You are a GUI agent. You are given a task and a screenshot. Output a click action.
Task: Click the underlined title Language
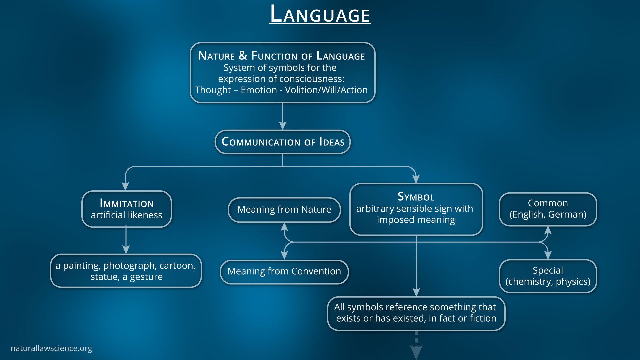tap(320, 15)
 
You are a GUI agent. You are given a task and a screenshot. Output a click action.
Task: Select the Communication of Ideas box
tap(283, 142)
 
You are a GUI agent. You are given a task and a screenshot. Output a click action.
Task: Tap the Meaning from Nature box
tap(284, 210)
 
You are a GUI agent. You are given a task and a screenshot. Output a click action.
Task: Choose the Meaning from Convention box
tap(284, 271)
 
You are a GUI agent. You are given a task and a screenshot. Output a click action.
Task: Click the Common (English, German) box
tap(548, 209)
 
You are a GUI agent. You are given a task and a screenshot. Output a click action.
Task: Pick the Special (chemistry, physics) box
tap(548, 276)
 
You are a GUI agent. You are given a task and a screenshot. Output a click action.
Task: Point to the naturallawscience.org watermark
tap(51, 348)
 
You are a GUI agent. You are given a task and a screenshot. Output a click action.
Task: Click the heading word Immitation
tap(127, 203)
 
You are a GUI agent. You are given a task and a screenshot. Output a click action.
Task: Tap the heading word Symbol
tap(416, 197)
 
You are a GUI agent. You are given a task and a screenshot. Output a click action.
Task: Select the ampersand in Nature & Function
tap(243, 55)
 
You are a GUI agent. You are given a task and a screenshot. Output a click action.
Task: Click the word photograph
tap(130, 266)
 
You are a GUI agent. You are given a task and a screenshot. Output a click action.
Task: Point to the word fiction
tap(483, 318)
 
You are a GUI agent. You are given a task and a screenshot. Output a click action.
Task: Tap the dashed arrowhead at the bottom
tap(416, 352)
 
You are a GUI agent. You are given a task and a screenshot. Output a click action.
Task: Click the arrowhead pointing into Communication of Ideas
tap(283, 126)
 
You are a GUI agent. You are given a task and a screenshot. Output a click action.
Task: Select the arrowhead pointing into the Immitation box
tap(125, 186)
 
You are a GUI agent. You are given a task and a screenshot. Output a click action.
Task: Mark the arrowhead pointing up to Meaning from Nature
tap(284, 227)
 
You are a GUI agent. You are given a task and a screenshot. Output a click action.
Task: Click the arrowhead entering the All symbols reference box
tap(416, 292)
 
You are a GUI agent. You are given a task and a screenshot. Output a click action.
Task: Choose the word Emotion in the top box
tap(259, 90)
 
